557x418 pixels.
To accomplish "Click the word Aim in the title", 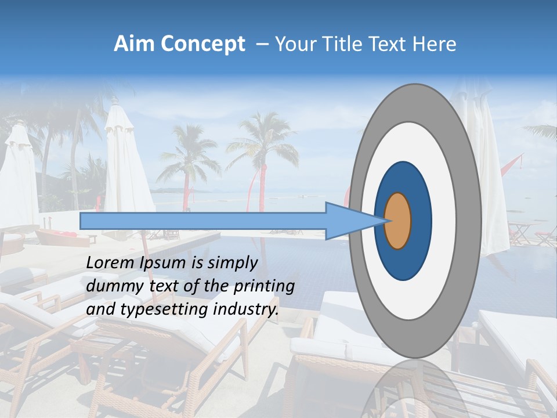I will (133, 44).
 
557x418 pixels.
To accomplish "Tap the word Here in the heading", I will (435, 44).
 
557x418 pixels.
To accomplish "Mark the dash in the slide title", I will (262, 44).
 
